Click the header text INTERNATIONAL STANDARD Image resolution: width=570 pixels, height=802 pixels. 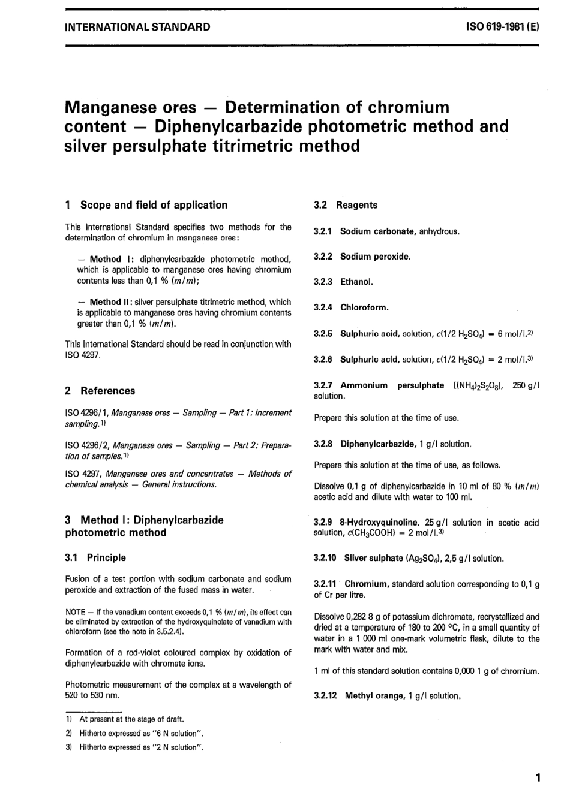tap(137, 27)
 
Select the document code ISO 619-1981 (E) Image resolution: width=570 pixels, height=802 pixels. tap(502, 27)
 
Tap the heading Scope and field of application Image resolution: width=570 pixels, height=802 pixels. tap(154, 205)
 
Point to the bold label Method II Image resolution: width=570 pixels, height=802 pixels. tap(107, 302)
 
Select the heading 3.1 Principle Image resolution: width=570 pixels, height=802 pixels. tap(95, 557)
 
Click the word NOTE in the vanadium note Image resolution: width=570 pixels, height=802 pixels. tap(76, 612)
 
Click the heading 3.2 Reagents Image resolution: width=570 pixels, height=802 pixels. tap(346, 205)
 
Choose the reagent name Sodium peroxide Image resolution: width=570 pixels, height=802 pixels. tap(375, 257)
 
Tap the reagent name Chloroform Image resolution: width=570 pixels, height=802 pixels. tap(364, 307)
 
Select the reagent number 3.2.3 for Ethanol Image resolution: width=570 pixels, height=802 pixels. tap(324, 282)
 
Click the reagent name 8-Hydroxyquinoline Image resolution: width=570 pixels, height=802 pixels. tap(379, 523)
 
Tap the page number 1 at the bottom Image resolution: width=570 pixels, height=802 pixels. tap(538, 778)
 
